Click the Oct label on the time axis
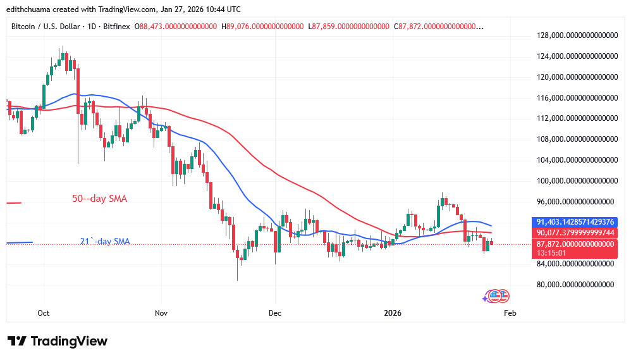pyautogui.click(x=44, y=313)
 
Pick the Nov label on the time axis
pyautogui.click(x=161, y=313)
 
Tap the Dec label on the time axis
pyautogui.click(x=275, y=313)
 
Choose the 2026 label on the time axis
pyautogui.click(x=393, y=313)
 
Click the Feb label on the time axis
pyautogui.click(x=510, y=313)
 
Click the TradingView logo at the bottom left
pyautogui.click(x=58, y=341)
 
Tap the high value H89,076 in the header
pyautogui.click(x=261, y=27)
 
